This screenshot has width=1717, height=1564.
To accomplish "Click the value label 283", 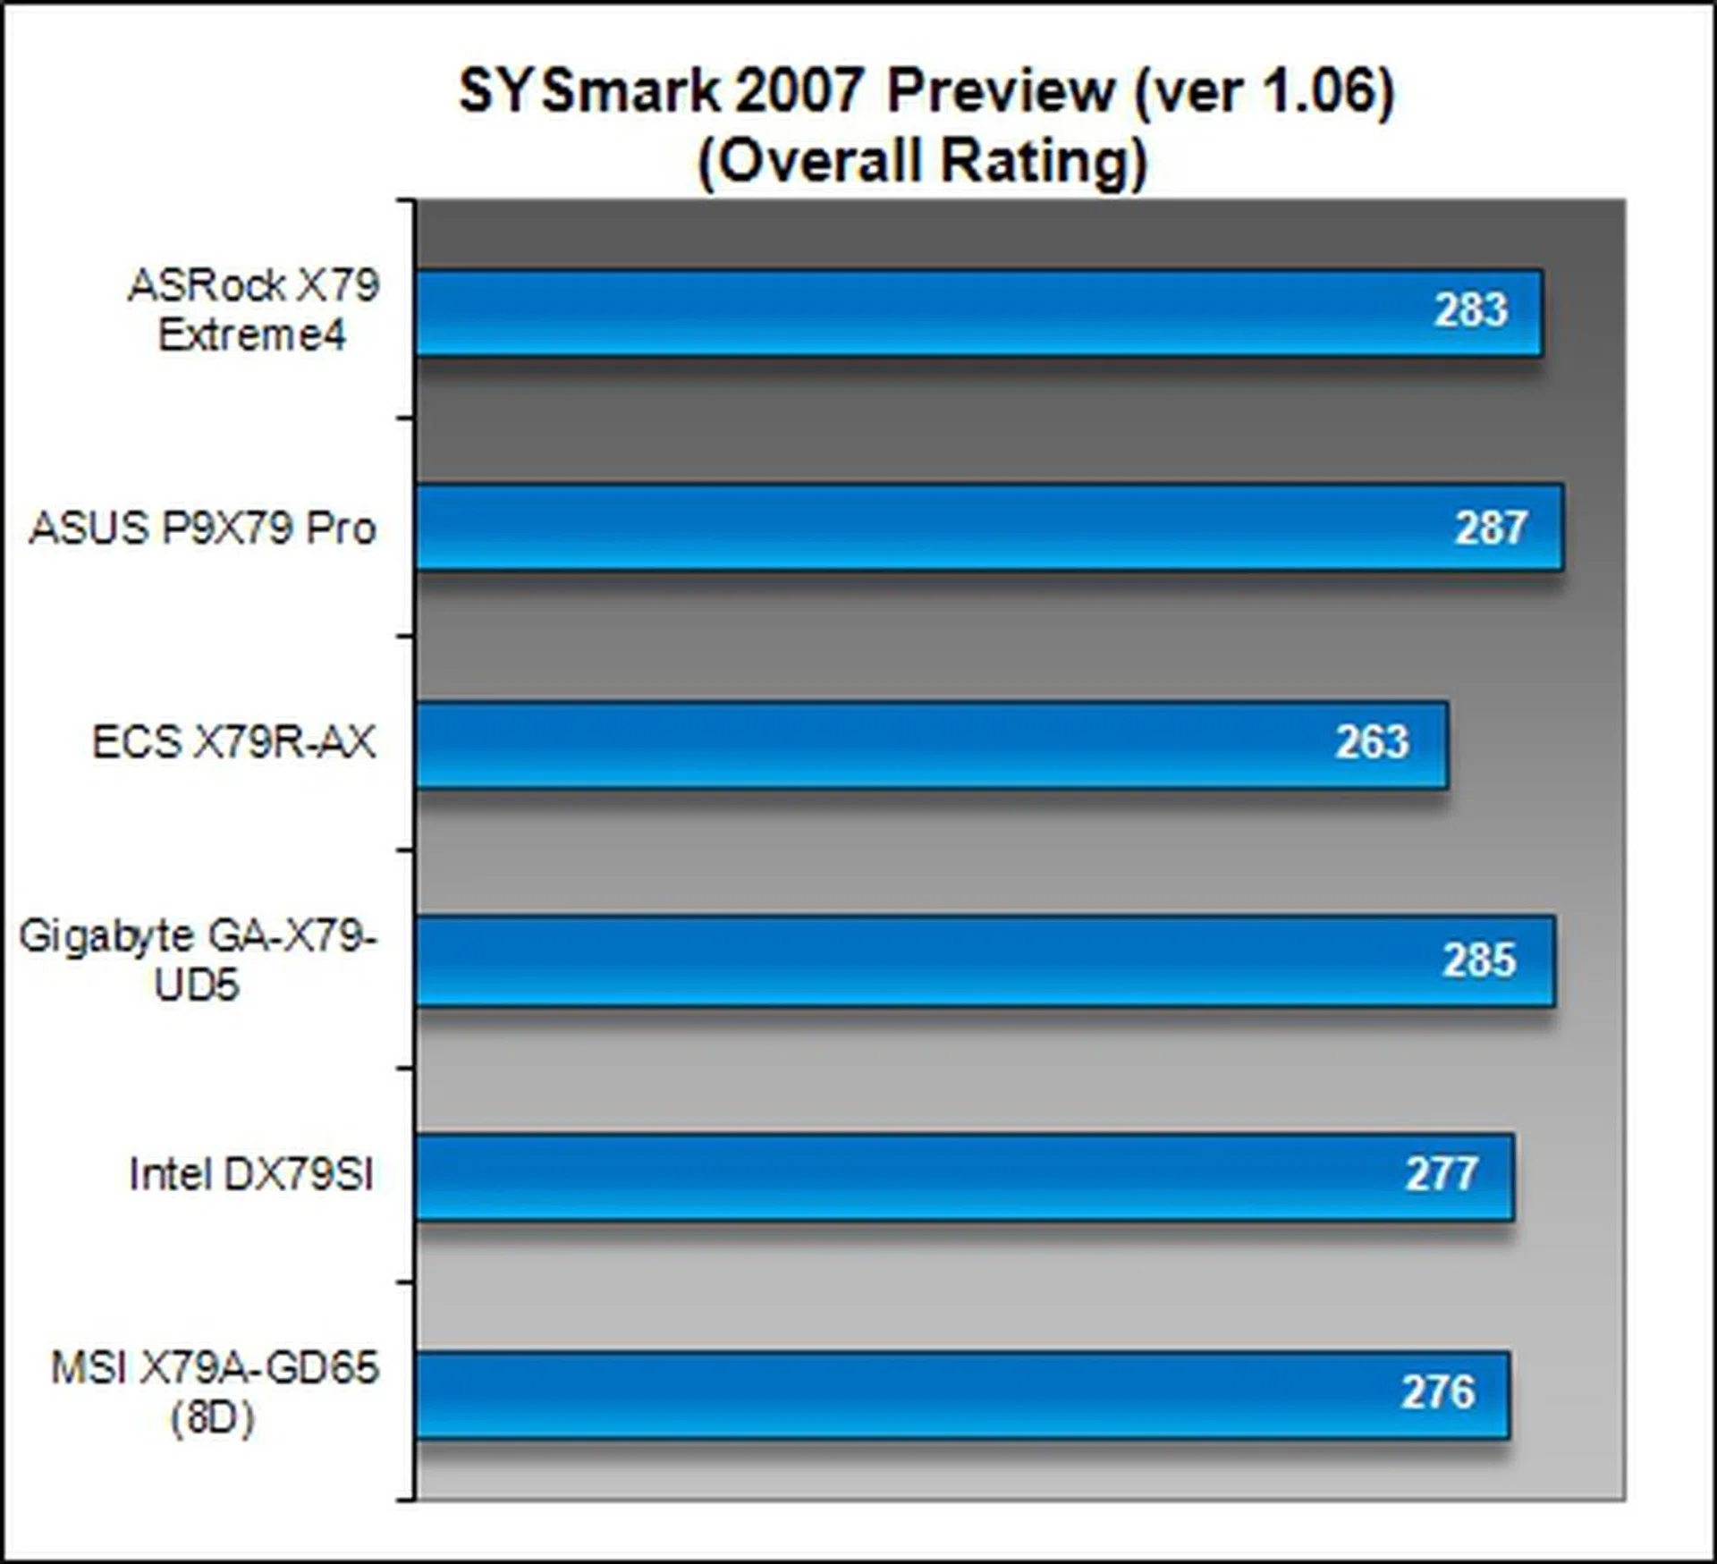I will point(1471,310).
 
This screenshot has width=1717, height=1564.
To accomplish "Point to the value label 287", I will point(1491,528).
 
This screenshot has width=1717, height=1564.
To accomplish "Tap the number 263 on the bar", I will point(1373,742).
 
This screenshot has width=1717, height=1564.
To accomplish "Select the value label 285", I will point(1479,960).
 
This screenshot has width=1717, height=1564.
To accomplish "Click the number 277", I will point(1441,1174).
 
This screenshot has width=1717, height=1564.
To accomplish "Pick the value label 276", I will point(1437,1392).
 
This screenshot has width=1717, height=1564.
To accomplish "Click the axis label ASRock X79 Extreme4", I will point(253,310).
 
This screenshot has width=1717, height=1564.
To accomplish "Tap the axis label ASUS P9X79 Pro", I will point(203,528).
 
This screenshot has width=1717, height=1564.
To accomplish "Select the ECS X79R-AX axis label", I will point(233,742).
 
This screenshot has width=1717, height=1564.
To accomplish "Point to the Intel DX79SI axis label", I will point(251,1174).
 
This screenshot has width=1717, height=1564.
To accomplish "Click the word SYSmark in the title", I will point(589,91).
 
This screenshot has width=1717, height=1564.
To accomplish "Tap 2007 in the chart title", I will point(800,91).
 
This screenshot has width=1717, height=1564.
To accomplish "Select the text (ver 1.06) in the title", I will point(1264,91).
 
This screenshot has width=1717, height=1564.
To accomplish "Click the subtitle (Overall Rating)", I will point(922,162).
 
